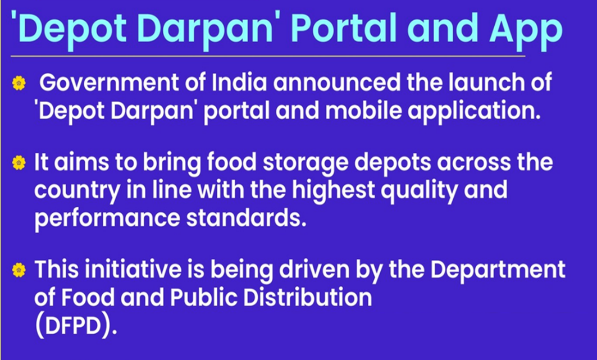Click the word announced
pyautogui.click(x=337, y=82)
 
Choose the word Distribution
pyautogui.click(x=308, y=297)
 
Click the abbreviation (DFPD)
pyautogui.click(x=76, y=326)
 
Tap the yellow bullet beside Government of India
pyautogui.click(x=19, y=83)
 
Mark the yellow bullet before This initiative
pyautogui.click(x=19, y=270)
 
